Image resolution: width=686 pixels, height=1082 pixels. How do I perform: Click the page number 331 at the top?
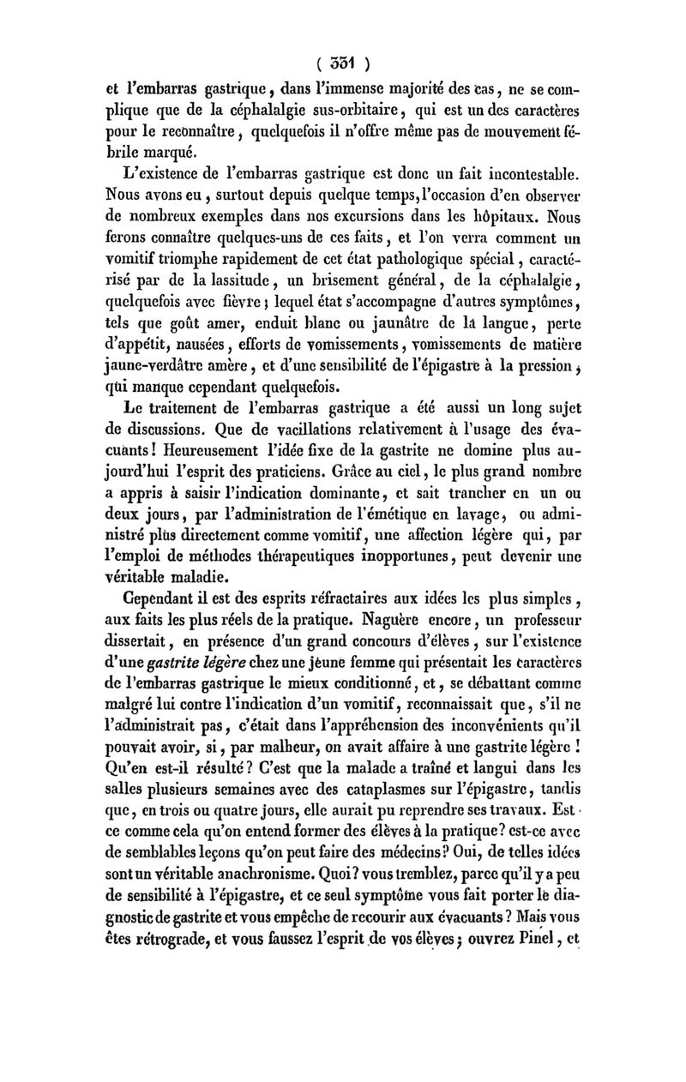tap(343, 63)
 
